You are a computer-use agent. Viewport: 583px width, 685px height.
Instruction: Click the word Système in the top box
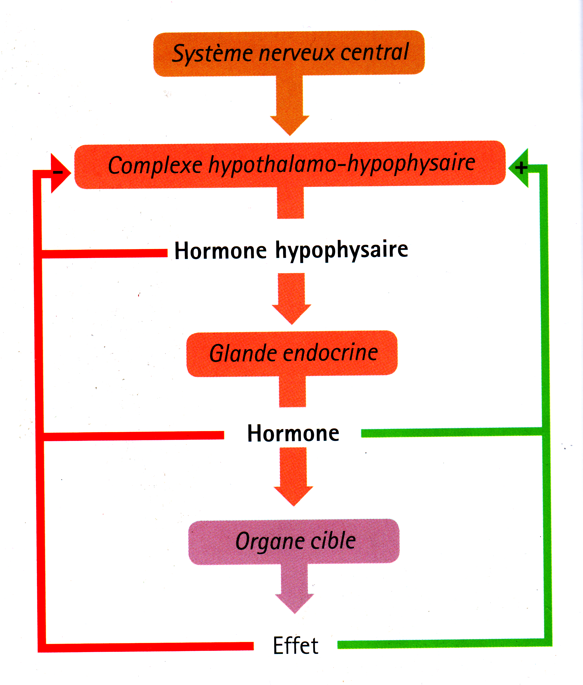(213, 53)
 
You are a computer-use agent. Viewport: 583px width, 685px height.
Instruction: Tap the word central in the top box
(375, 52)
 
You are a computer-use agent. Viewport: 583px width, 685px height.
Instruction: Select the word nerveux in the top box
(297, 53)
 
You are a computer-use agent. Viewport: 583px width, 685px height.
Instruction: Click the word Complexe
(155, 165)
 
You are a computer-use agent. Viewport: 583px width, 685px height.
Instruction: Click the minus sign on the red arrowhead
(58, 172)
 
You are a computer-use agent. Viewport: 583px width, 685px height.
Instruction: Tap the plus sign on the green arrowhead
(521, 168)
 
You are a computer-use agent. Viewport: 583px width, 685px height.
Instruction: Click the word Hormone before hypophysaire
(221, 251)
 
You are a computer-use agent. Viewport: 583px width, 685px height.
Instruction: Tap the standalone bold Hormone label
(293, 434)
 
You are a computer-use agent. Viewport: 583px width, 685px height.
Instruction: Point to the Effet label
(295, 646)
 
